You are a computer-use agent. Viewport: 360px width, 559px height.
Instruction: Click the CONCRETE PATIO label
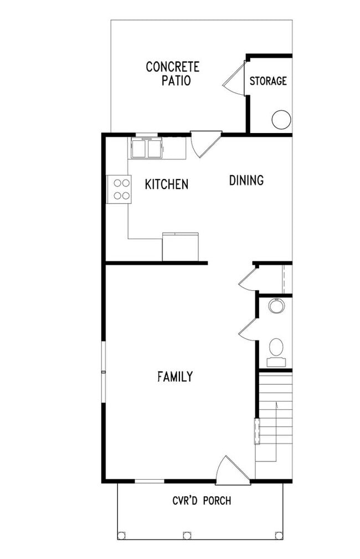[x=172, y=74]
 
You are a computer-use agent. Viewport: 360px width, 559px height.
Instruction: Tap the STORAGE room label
[x=268, y=81]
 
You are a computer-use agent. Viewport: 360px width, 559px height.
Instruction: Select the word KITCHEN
[x=166, y=184]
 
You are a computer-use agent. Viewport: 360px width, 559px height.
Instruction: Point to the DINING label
[x=246, y=180]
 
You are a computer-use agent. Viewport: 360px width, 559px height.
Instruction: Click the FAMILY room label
[x=175, y=377]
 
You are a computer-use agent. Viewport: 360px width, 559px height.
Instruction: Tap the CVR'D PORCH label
[x=202, y=501]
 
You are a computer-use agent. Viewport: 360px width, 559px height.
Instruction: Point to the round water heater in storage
[x=281, y=119]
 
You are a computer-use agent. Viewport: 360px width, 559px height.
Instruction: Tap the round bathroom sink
[x=276, y=305]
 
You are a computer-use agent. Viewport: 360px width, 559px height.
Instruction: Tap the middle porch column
[x=187, y=535]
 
